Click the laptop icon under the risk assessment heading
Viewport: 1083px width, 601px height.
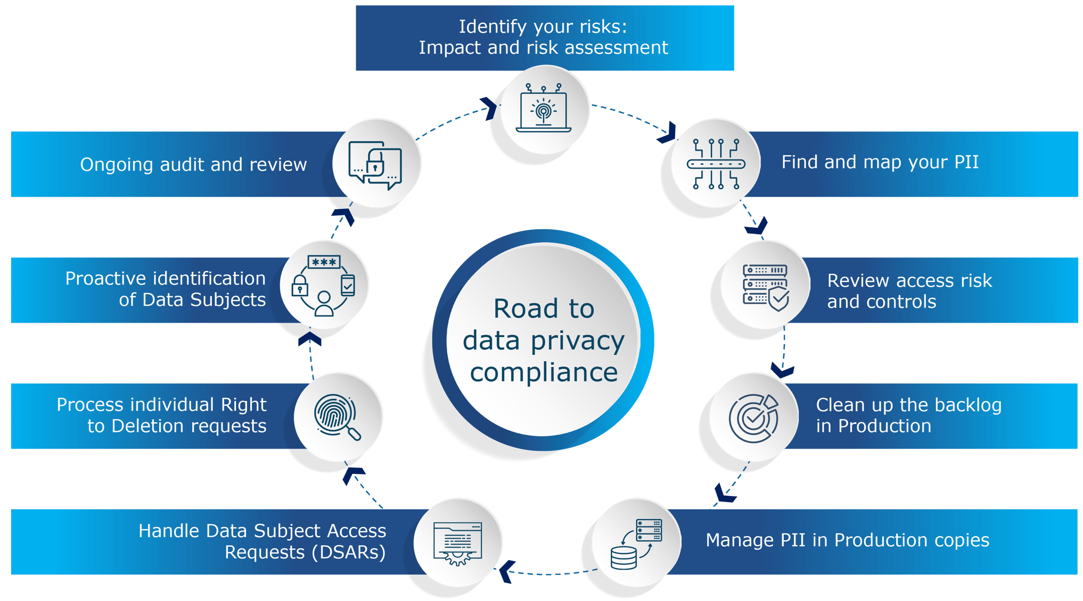(544, 108)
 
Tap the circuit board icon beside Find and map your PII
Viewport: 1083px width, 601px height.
(716, 163)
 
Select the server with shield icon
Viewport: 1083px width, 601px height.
(766, 286)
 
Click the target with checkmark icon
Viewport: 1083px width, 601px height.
(753, 418)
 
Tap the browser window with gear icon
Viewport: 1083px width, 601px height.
(458, 543)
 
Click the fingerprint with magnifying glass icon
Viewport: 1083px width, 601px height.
(338, 417)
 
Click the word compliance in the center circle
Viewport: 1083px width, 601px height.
(544, 372)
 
